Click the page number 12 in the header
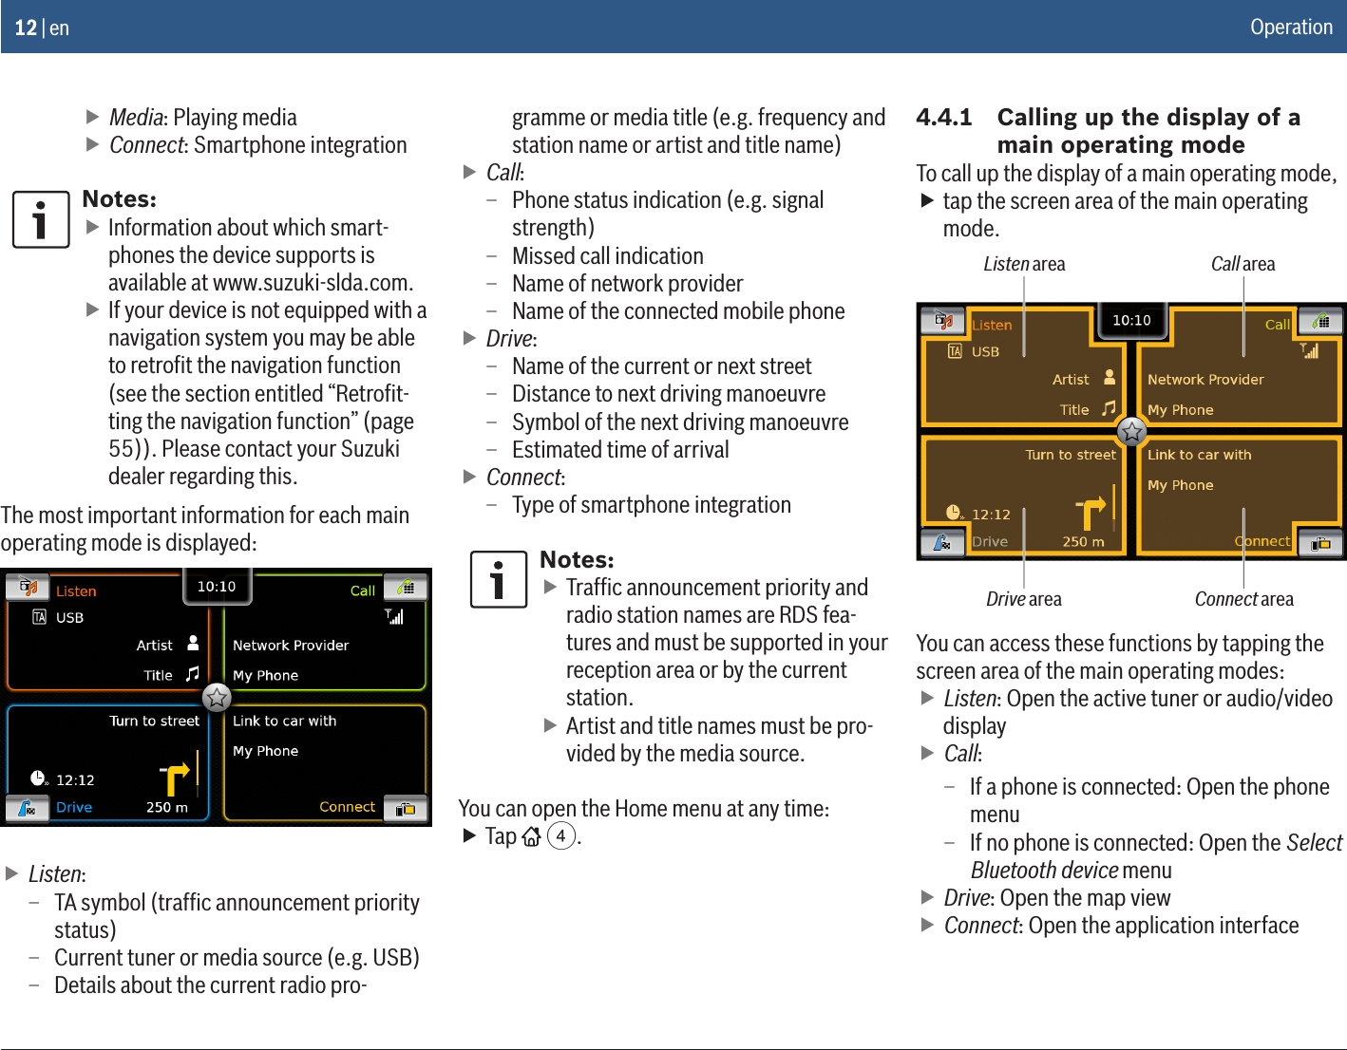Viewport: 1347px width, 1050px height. (x=26, y=28)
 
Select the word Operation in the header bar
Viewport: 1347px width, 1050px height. (x=1291, y=27)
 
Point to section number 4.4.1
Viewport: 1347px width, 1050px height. (x=943, y=117)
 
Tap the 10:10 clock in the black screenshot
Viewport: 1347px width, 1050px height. (x=216, y=587)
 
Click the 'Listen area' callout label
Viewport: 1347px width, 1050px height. (x=1023, y=264)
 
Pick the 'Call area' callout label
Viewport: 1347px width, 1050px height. (x=1243, y=264)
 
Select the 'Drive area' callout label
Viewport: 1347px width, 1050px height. (x=1023, y=599)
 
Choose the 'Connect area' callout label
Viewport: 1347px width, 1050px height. (x=1243, y=599)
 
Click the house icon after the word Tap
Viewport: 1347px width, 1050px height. (x=531, y=836)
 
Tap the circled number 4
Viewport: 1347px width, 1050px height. (x=561, y=836)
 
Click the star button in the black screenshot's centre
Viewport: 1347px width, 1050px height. (x=217, y=698)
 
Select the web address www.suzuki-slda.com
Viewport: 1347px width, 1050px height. (x=313, y=283)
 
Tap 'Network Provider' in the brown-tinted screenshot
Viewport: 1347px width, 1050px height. (x=1205, y=380)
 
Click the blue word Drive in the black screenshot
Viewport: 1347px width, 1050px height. (x=74, y=807)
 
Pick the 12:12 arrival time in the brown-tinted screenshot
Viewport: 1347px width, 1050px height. (x=991, y=515)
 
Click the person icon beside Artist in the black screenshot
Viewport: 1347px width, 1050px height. (x=193, y=644)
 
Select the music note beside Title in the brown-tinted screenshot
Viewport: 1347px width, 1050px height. (x=1109, y=408)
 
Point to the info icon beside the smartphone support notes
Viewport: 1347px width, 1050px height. (x=40, y=219)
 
